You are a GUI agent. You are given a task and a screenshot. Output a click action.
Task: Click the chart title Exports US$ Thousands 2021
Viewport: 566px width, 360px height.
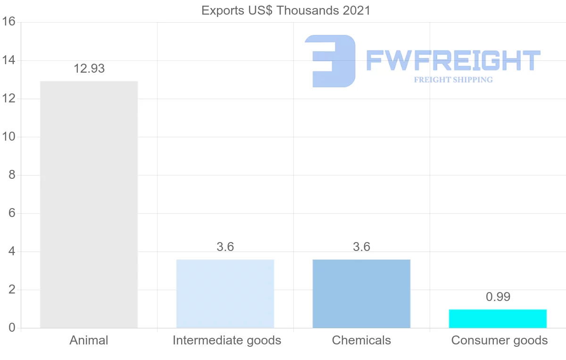click(286, 10)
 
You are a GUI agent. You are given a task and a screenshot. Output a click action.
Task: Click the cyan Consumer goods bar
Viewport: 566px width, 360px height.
click(498, 318)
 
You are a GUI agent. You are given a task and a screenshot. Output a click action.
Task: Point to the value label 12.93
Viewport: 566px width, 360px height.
click(89, 69)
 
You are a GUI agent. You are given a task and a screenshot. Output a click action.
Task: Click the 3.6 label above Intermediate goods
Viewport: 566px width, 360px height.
click(225, 247)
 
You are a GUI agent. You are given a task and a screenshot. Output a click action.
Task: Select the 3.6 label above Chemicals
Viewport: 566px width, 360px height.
click(361, 247)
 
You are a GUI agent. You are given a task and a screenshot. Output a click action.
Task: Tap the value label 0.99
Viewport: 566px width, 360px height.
click(498, 297)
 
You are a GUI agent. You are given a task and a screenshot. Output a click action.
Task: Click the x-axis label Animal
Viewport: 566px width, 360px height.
click(89, 340)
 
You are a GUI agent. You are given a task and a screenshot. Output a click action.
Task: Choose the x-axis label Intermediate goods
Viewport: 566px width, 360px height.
click(226, 340)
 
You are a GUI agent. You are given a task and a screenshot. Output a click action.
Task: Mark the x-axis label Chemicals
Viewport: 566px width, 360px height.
click(361, 340)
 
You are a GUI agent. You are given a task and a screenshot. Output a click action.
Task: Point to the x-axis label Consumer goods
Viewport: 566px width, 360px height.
click(499, 340)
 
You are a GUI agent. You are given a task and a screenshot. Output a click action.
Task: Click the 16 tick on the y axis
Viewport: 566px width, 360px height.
click(9, 22)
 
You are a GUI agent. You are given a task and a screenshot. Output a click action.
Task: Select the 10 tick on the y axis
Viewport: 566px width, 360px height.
click(9, 137)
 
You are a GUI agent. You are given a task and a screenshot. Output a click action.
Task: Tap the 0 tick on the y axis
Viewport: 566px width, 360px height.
click(12, 328)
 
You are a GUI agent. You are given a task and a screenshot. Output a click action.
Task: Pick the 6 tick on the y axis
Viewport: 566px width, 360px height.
click(12, 213)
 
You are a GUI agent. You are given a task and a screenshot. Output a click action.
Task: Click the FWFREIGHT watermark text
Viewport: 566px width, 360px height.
click(453, 61)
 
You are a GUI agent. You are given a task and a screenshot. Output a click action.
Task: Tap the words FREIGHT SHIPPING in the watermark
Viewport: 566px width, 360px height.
click(453, 80)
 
